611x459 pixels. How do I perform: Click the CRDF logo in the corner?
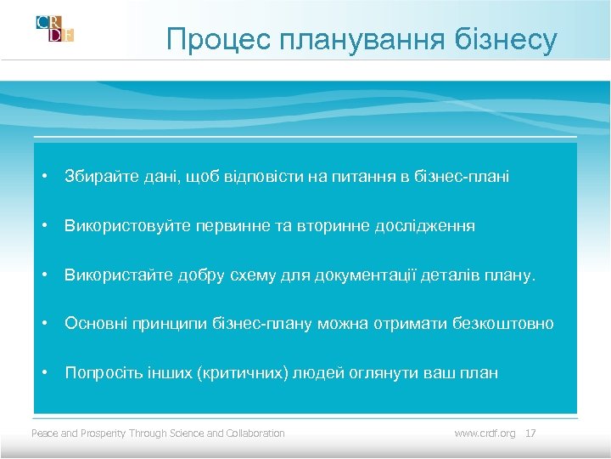[55, 28]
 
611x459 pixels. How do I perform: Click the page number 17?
[531, 433]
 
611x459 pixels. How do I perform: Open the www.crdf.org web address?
[485, 433]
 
